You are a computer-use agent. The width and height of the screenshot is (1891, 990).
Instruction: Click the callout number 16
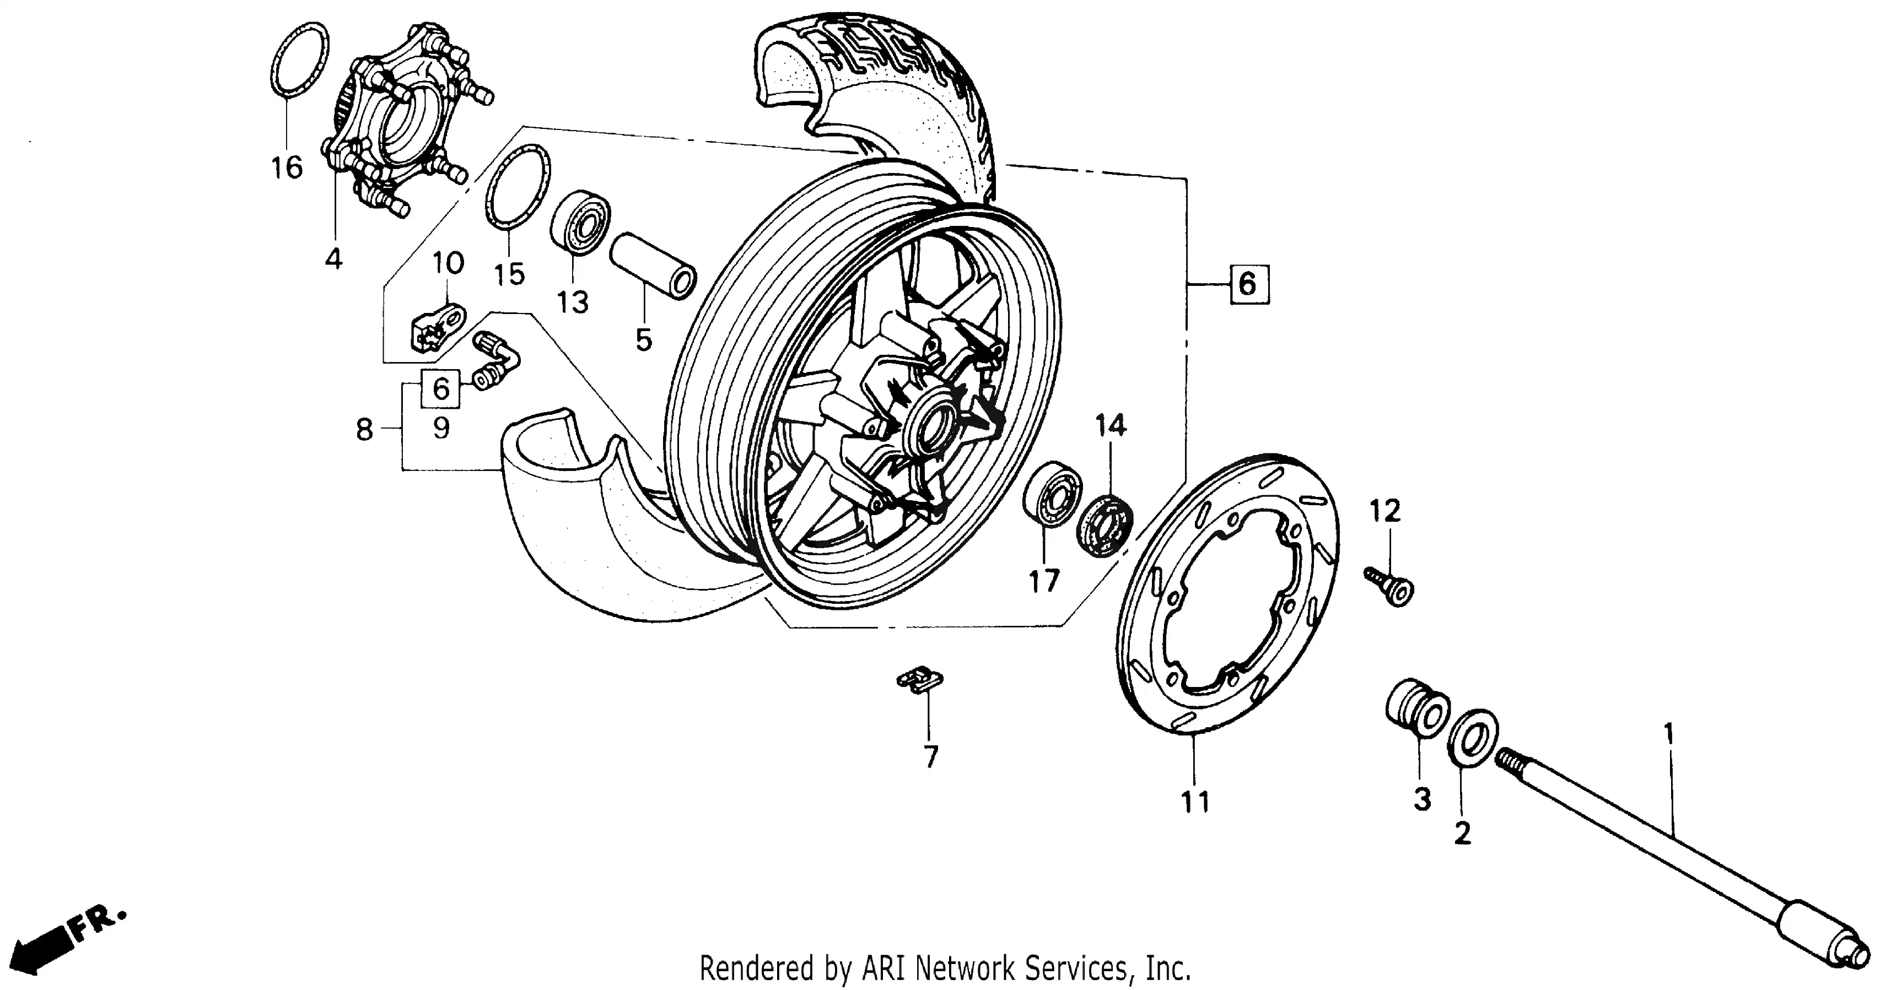(x=287, y=168)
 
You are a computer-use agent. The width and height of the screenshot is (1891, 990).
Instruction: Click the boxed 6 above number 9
(x=440, y=389)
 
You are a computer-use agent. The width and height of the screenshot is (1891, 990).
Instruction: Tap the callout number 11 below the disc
(x=1194, y=802)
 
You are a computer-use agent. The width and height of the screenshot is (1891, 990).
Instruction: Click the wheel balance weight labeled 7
(x=920, y=680)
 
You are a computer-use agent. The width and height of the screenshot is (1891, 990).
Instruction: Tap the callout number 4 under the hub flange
(x=333, y=258)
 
